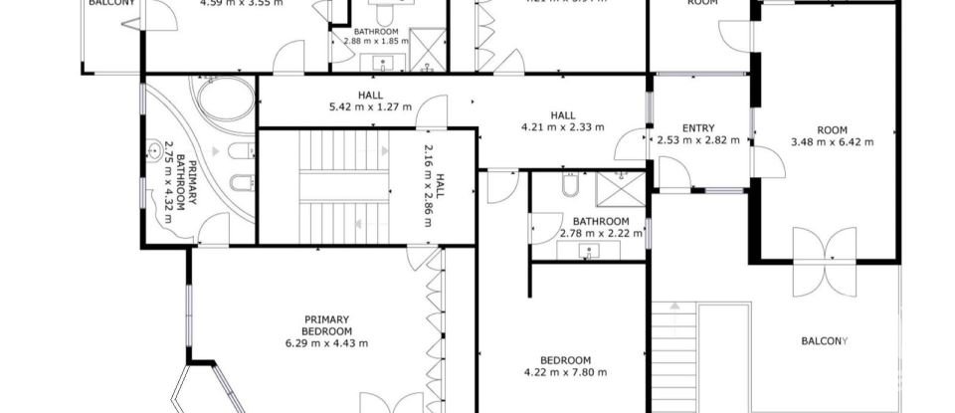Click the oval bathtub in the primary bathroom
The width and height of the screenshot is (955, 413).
(225, 100)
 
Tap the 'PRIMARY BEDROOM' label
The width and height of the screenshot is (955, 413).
(327, 325)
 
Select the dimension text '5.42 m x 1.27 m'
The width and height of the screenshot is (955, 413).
(370, 106)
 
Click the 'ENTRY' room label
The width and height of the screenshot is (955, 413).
(697, 127)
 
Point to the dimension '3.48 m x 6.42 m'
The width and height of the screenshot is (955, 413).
(832, 142)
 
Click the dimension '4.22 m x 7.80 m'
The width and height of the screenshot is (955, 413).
(565, 373)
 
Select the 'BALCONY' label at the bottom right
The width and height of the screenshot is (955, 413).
(825, 342)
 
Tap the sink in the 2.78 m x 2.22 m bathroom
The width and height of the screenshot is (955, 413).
(589, 250)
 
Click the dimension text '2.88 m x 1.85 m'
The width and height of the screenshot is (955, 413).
(376, 42)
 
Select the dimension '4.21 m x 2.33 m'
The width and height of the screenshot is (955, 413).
(563, 126)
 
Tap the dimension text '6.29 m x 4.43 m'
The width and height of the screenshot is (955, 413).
(327, 344)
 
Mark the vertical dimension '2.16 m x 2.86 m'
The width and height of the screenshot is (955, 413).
(429, 185)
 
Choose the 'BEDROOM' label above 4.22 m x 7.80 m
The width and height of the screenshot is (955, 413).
(565, 360)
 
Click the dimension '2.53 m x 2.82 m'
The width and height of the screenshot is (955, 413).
(697, 140)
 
